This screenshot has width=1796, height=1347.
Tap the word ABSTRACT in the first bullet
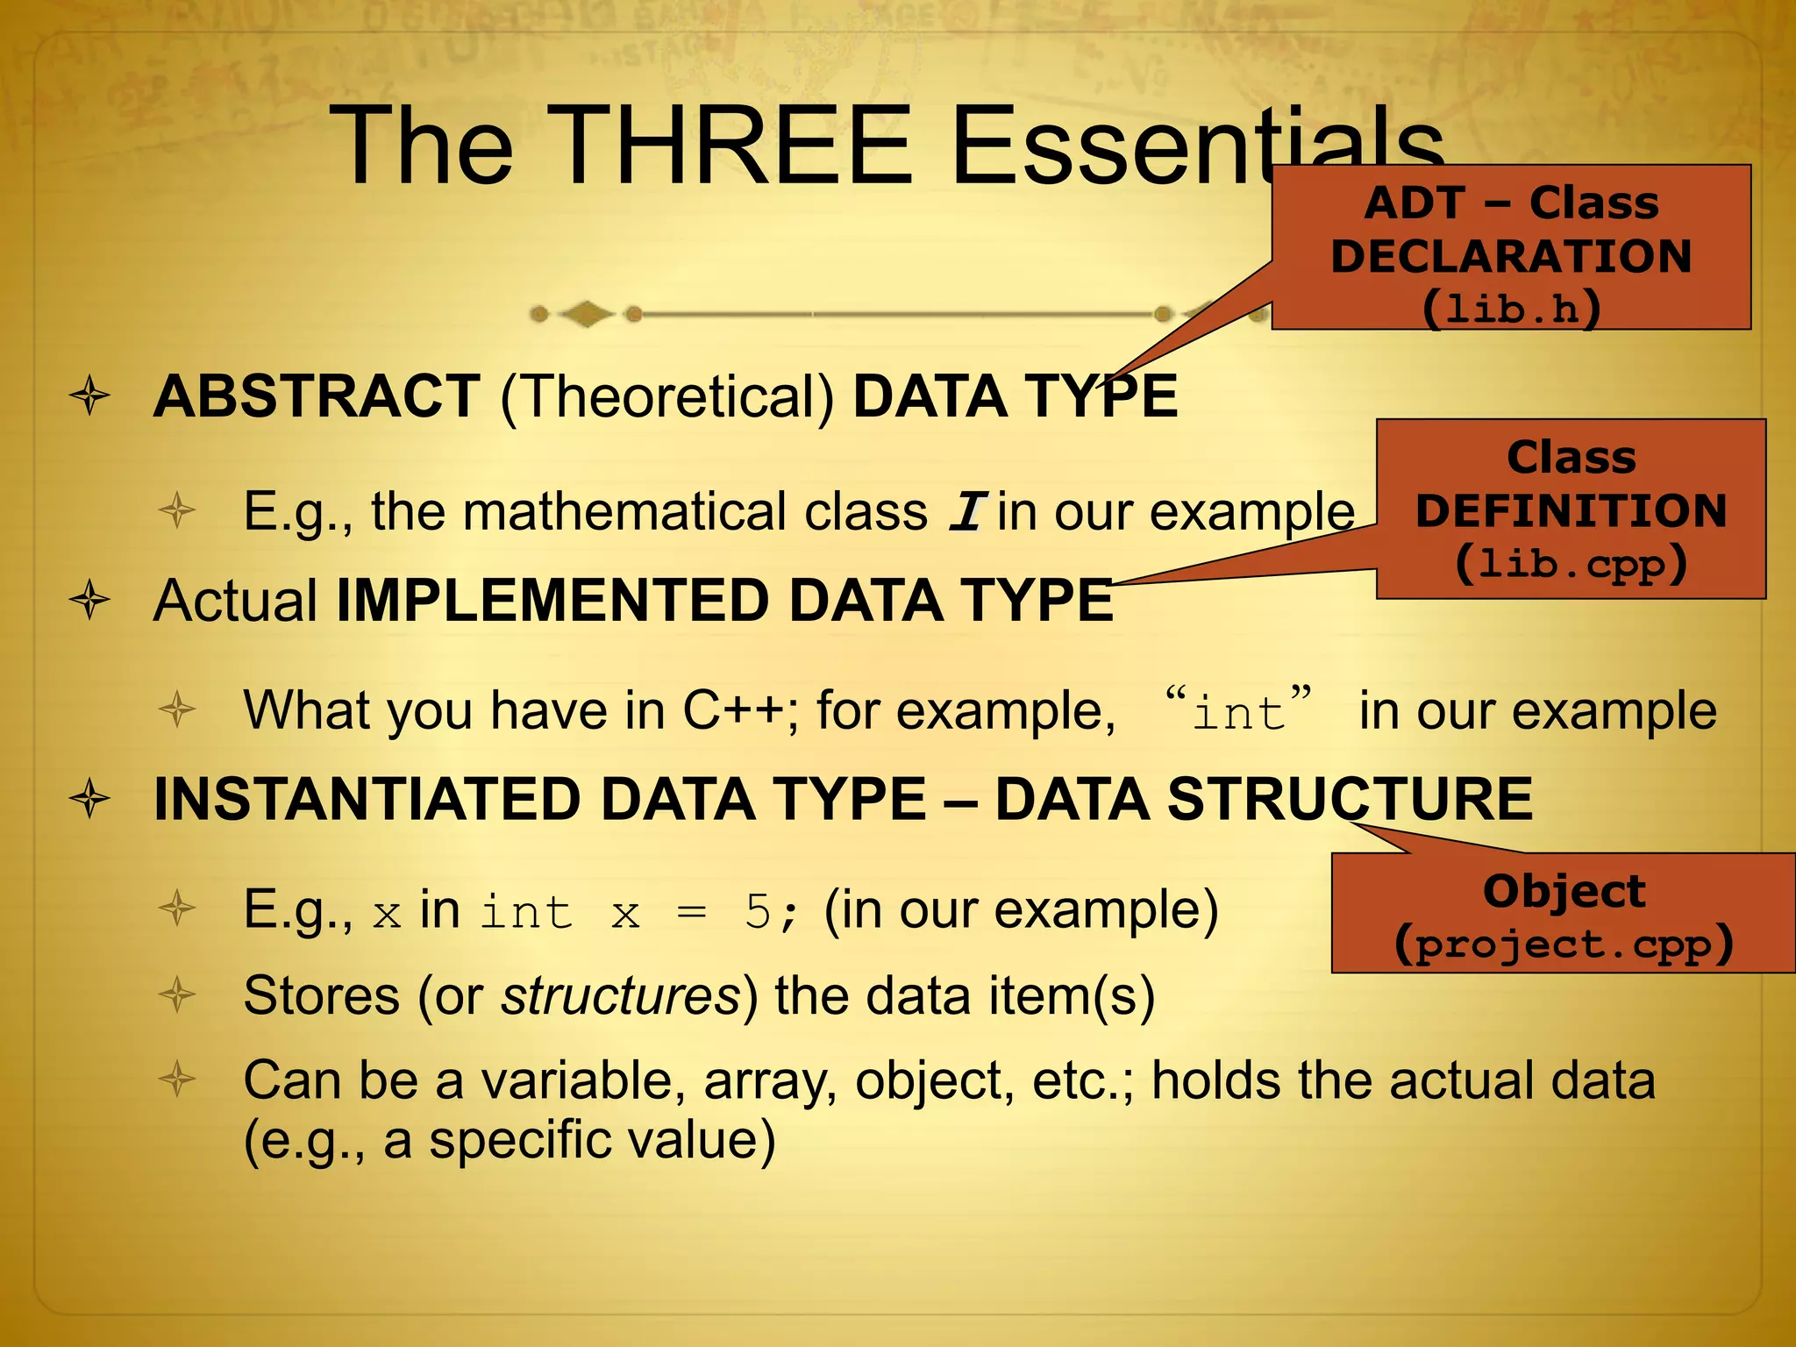click(x=317, y=396)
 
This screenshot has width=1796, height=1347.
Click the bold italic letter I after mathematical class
click(x=968, y=512)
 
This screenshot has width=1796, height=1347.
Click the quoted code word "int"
click(x=1238, y=710)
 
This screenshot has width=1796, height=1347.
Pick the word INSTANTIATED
click(x=367, y=800)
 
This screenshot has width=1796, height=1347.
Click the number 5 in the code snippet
click(x=757, y=913)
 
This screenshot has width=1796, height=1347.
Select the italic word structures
click(x=622, y=996)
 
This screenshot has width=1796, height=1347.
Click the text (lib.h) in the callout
click(x=1511, y=308)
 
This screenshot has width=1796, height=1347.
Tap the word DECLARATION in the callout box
click(x=1511, y=256)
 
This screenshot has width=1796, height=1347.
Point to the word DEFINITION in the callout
click(x=1571, y=510)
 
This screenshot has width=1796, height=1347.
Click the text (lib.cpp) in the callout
click(x=1571, y=563)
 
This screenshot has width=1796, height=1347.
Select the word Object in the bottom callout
click(x=1564, y=891)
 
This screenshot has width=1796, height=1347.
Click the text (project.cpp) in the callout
click(x=1564, y=944)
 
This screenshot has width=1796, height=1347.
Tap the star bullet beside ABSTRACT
click(x=90, y=397)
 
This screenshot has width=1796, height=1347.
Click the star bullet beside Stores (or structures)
click(x=178, y=995)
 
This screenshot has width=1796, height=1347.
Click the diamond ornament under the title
click(x=586, y=314)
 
